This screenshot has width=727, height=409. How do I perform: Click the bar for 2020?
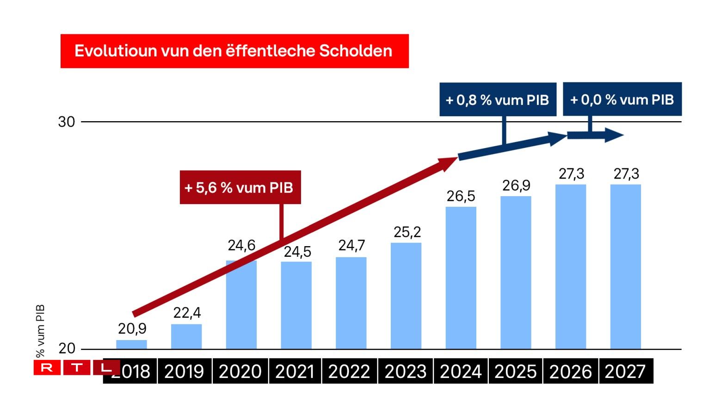[x=241, y=305]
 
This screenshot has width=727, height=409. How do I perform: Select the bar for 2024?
[x=461, y=278]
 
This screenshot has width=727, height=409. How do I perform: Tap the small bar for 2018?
[x=131, y=345]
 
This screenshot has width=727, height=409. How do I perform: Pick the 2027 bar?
[x=625, y=266]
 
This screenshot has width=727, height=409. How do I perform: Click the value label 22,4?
[x=187, y=313]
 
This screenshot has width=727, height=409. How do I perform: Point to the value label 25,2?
[x=407, y=232]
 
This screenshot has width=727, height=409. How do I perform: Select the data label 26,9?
[x=516, y=186]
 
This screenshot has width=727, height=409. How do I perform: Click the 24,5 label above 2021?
[x=297, y=252]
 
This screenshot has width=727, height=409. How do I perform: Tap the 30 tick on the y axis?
[x=67, y=122]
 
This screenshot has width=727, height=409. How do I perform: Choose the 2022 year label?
[x=349, y=372]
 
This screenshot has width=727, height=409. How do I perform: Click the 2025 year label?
[x=515, y=372]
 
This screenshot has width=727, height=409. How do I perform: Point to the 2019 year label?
[x=184, y=372]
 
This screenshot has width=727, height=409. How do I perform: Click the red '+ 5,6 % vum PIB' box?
[x=240, y=187]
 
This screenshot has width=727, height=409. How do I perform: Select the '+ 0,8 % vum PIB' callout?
[x=497, y=99]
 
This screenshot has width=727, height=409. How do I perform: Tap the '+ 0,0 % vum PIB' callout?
[x=622, y=99]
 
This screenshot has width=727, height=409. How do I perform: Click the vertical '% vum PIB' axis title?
[x=41, y=330]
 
